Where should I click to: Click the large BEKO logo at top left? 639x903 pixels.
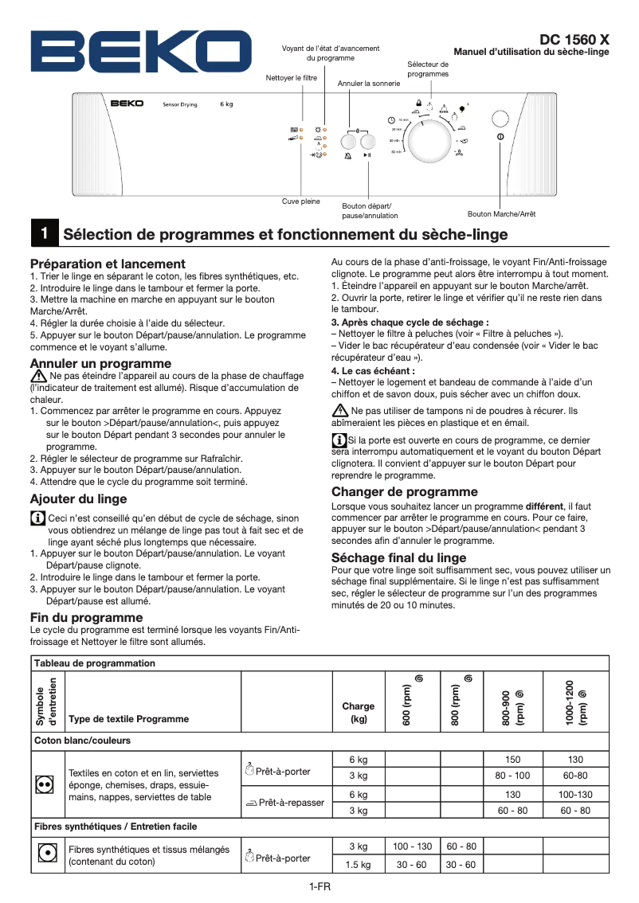(x=129, y=52)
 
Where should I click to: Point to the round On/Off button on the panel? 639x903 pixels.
(x=500, y=119)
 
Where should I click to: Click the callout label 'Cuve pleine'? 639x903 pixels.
(x=301, y=201)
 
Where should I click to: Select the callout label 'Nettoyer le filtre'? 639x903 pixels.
(x=292, y=78)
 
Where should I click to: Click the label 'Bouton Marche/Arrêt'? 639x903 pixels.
(x=501, y=214)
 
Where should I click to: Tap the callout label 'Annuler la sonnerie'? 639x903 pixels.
(x=369, y=83)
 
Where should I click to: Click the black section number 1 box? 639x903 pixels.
(x=44, y=233)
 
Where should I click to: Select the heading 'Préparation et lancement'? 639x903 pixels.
(x=108, y=264)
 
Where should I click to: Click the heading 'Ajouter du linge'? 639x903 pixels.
(x=78, y=499)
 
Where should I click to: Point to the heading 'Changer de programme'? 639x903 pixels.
(x=404, y=491)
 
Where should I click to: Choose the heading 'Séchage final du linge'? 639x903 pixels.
(x=398, y=557)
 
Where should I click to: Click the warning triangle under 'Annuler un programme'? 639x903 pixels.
(x=38, y=376)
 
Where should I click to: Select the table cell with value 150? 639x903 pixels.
(x=512, y=760)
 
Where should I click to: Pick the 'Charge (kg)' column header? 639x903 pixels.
(x=358, y=712)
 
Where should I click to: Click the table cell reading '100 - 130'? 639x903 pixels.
(x=413, y=846)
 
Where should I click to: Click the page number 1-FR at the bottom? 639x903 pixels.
(x=319, y=887)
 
